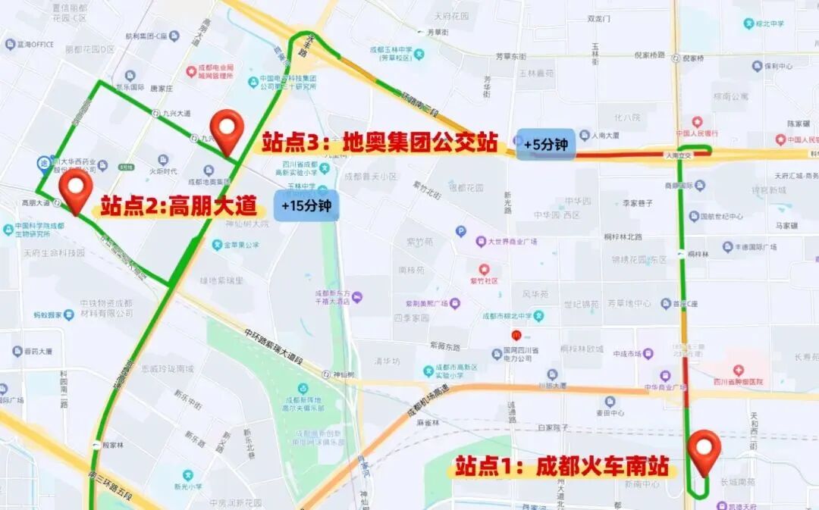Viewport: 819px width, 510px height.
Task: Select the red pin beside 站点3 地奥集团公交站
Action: pos(227,131)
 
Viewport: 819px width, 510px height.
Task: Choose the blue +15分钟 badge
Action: pos(306,205)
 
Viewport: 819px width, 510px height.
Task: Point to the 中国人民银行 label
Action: pos(697,133)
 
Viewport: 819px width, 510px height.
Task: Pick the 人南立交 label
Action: pos(680,155)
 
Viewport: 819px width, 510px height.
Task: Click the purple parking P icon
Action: pos(460,231)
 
